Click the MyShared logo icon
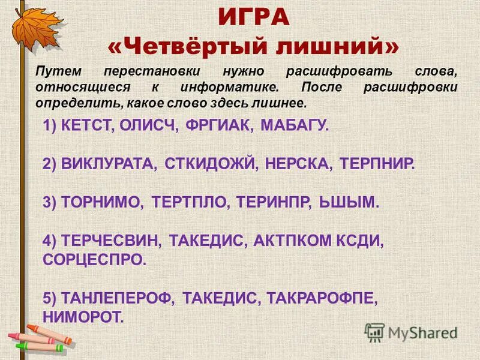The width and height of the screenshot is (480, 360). (x=374, y=332)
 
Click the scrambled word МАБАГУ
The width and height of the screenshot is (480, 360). (x=295, y=127)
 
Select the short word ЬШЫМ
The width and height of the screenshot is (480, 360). (x=347, y=202)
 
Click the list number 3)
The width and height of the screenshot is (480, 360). (x=50, y=202)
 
